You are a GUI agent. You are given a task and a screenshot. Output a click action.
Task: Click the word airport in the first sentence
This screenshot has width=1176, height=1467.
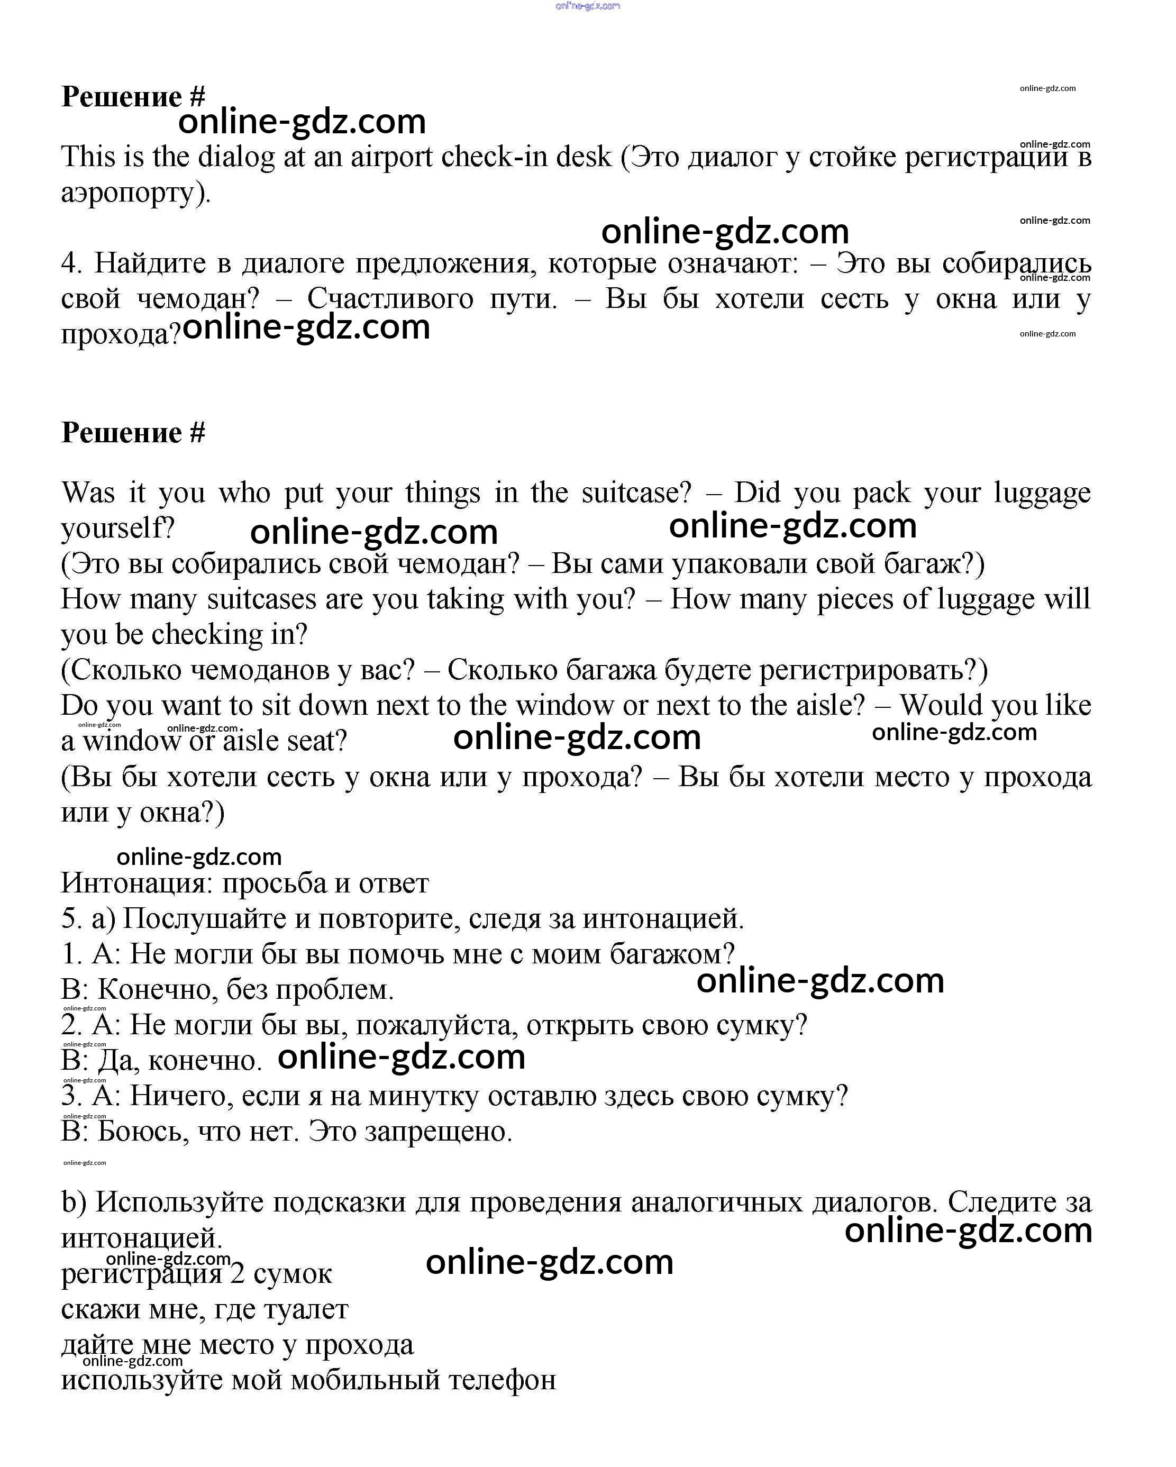(391, 158)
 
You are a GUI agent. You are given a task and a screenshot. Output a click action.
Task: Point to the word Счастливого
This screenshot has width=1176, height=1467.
(390, 299)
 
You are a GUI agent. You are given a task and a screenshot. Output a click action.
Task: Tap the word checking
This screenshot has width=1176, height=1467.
(206, 635)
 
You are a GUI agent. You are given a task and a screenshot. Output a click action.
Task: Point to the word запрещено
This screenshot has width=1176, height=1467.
(438, 1132)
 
